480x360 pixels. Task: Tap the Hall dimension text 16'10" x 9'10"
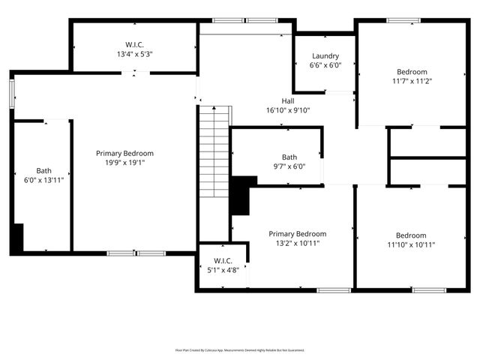(x=288, y=110)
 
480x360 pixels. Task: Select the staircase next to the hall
(x=214, y=151)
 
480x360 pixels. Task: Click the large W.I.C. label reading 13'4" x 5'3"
(x=135, y=49)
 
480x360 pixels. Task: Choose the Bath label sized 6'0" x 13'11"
(x=44, y=175)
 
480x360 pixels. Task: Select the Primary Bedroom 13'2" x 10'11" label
(x=298, y=238)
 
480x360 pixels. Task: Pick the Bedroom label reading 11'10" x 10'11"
(x=411, y=239)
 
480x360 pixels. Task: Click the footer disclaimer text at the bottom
(x=240, y=349)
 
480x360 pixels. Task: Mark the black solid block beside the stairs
(x=240, y=194)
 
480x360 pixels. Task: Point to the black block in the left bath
(x=17, y=238)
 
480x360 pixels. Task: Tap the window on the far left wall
(x=11, y=94)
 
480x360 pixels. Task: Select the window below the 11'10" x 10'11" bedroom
(x=429, y=289)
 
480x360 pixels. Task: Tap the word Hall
(x=288, y=101)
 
